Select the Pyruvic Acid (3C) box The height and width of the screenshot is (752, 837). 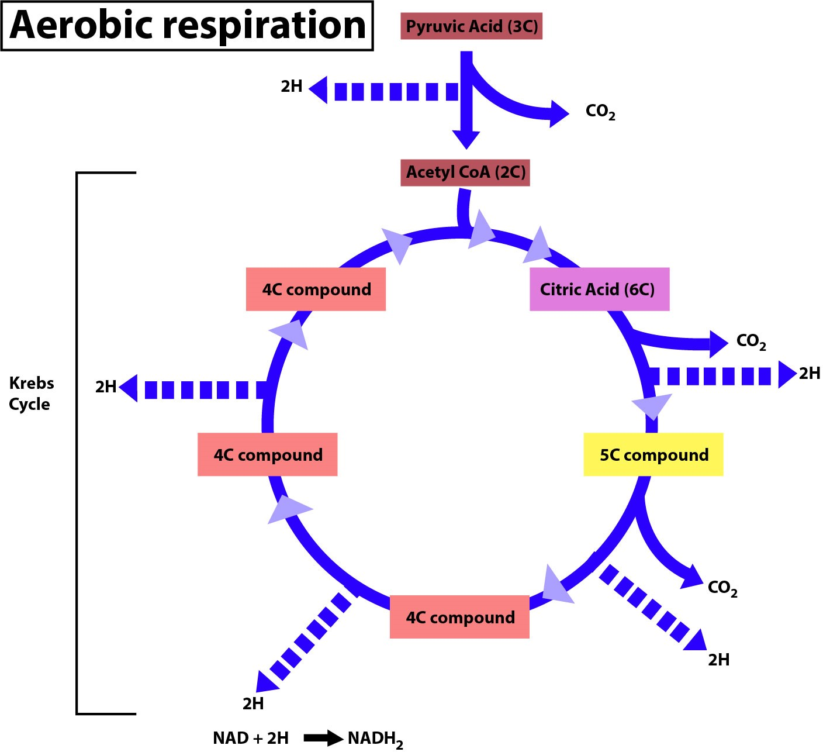point(471,27)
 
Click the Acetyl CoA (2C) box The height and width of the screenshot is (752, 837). point(465,173)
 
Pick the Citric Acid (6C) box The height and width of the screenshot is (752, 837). point(599,289)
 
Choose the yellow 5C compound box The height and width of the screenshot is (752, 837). point(653,455)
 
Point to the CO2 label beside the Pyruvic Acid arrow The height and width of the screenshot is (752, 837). point(600,112)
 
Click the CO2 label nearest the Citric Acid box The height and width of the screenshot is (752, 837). point(750,341)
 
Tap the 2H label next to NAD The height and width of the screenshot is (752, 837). point(278,738)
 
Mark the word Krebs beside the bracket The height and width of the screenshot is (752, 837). point(32,383)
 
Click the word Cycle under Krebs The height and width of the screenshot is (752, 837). point(29,404)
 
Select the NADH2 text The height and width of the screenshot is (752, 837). point(375,739)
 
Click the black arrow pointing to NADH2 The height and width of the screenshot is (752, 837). point(323,738)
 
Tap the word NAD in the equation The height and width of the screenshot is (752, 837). point(231,738)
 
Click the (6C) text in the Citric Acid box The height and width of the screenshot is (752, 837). point(639,289)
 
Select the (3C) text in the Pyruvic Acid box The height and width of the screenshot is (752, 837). point(523,27)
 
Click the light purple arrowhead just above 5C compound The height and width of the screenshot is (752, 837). point(652,406)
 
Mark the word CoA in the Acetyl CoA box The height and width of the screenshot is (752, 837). point(473,173)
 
